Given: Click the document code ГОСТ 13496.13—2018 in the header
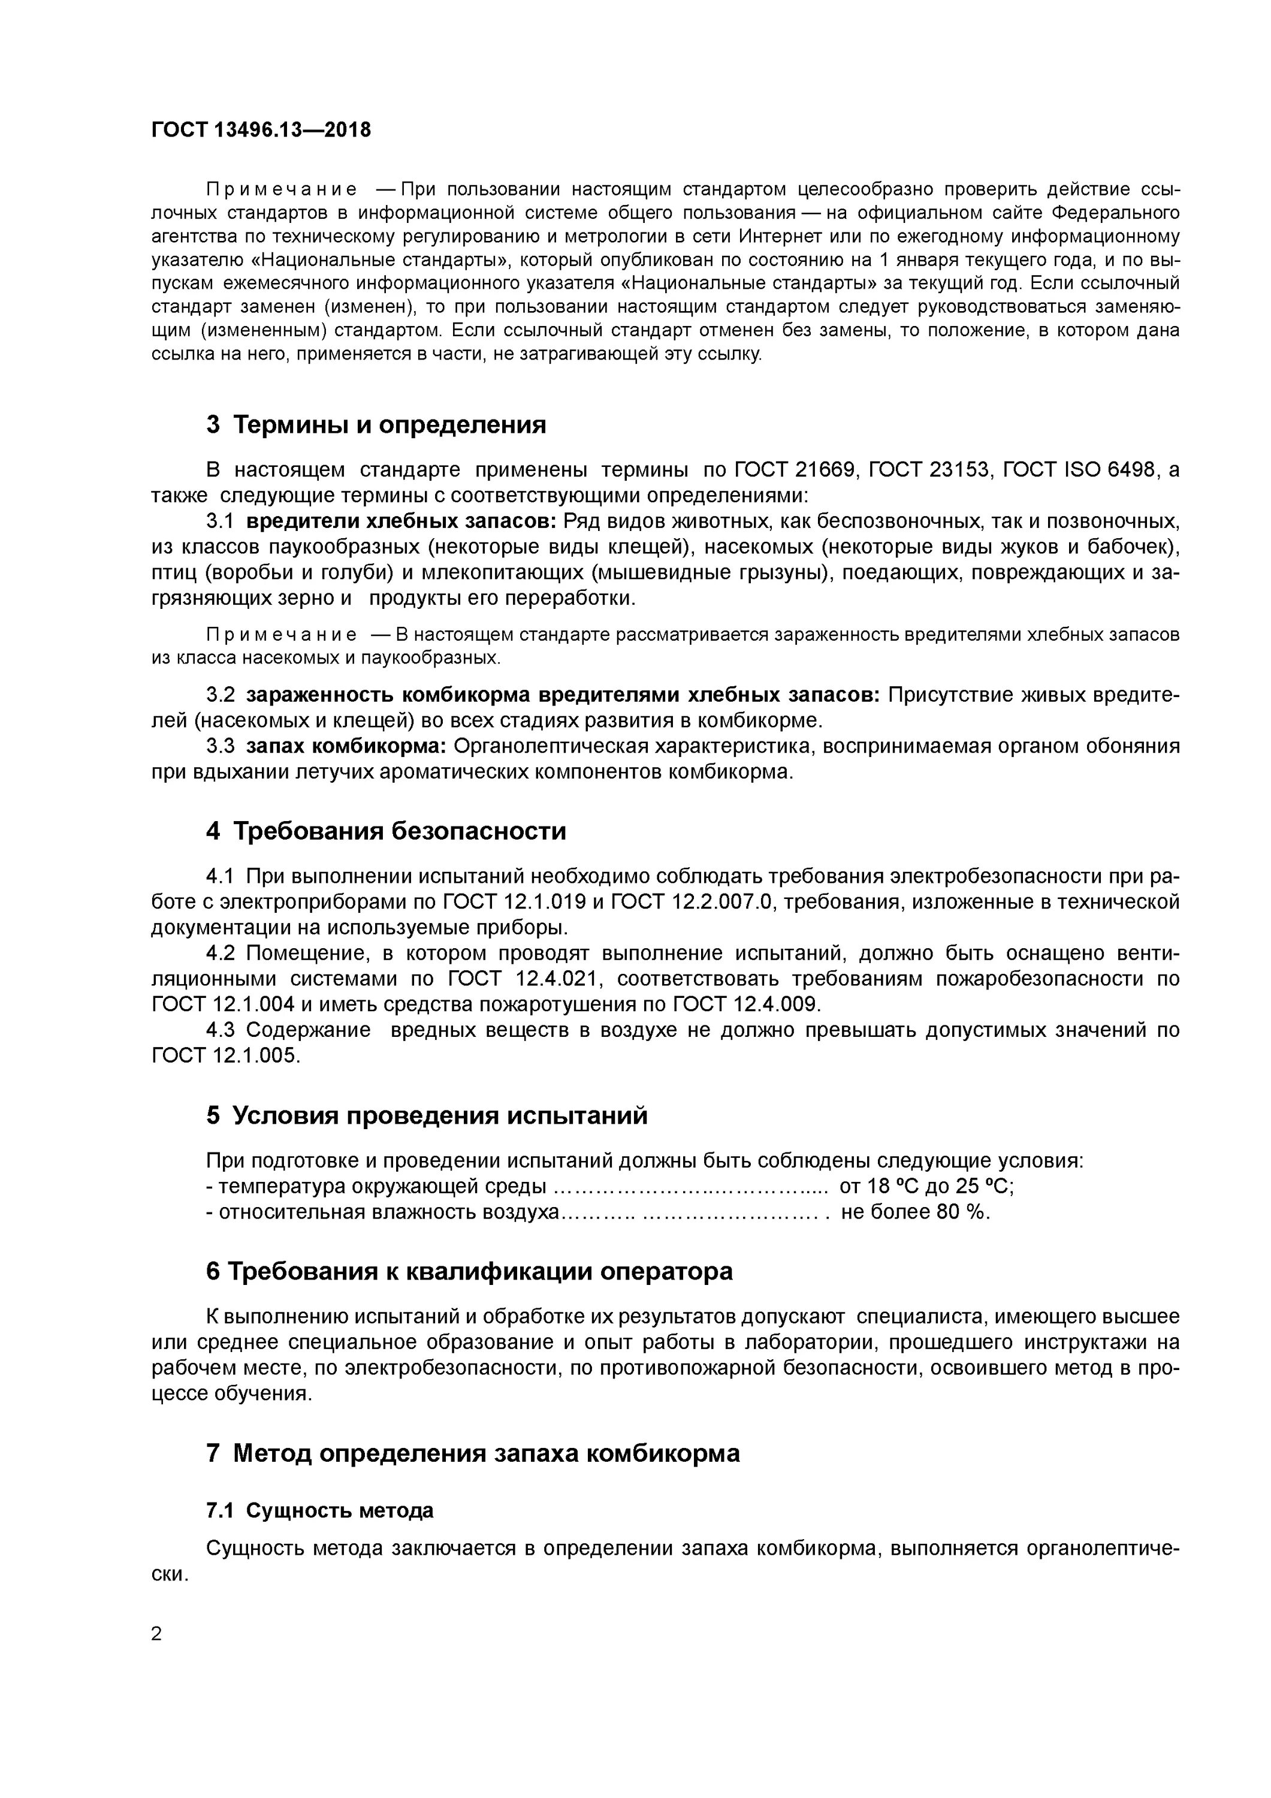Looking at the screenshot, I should (x=261, y=130).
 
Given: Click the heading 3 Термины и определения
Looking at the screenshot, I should (x=376, y=424).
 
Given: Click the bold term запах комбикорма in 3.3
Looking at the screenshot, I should (x=345, y=746).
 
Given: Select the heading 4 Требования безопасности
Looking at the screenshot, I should (x=385, y=830).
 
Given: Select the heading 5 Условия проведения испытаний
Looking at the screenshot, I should (x=427, y=1115).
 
